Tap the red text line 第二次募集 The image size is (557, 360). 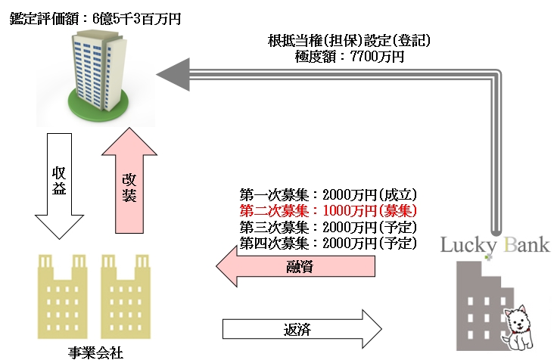[328, 210]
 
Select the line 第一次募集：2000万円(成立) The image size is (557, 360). [328, 194]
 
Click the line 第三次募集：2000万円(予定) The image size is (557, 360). [328, 227]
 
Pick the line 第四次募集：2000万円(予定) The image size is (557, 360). [328, 243]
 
